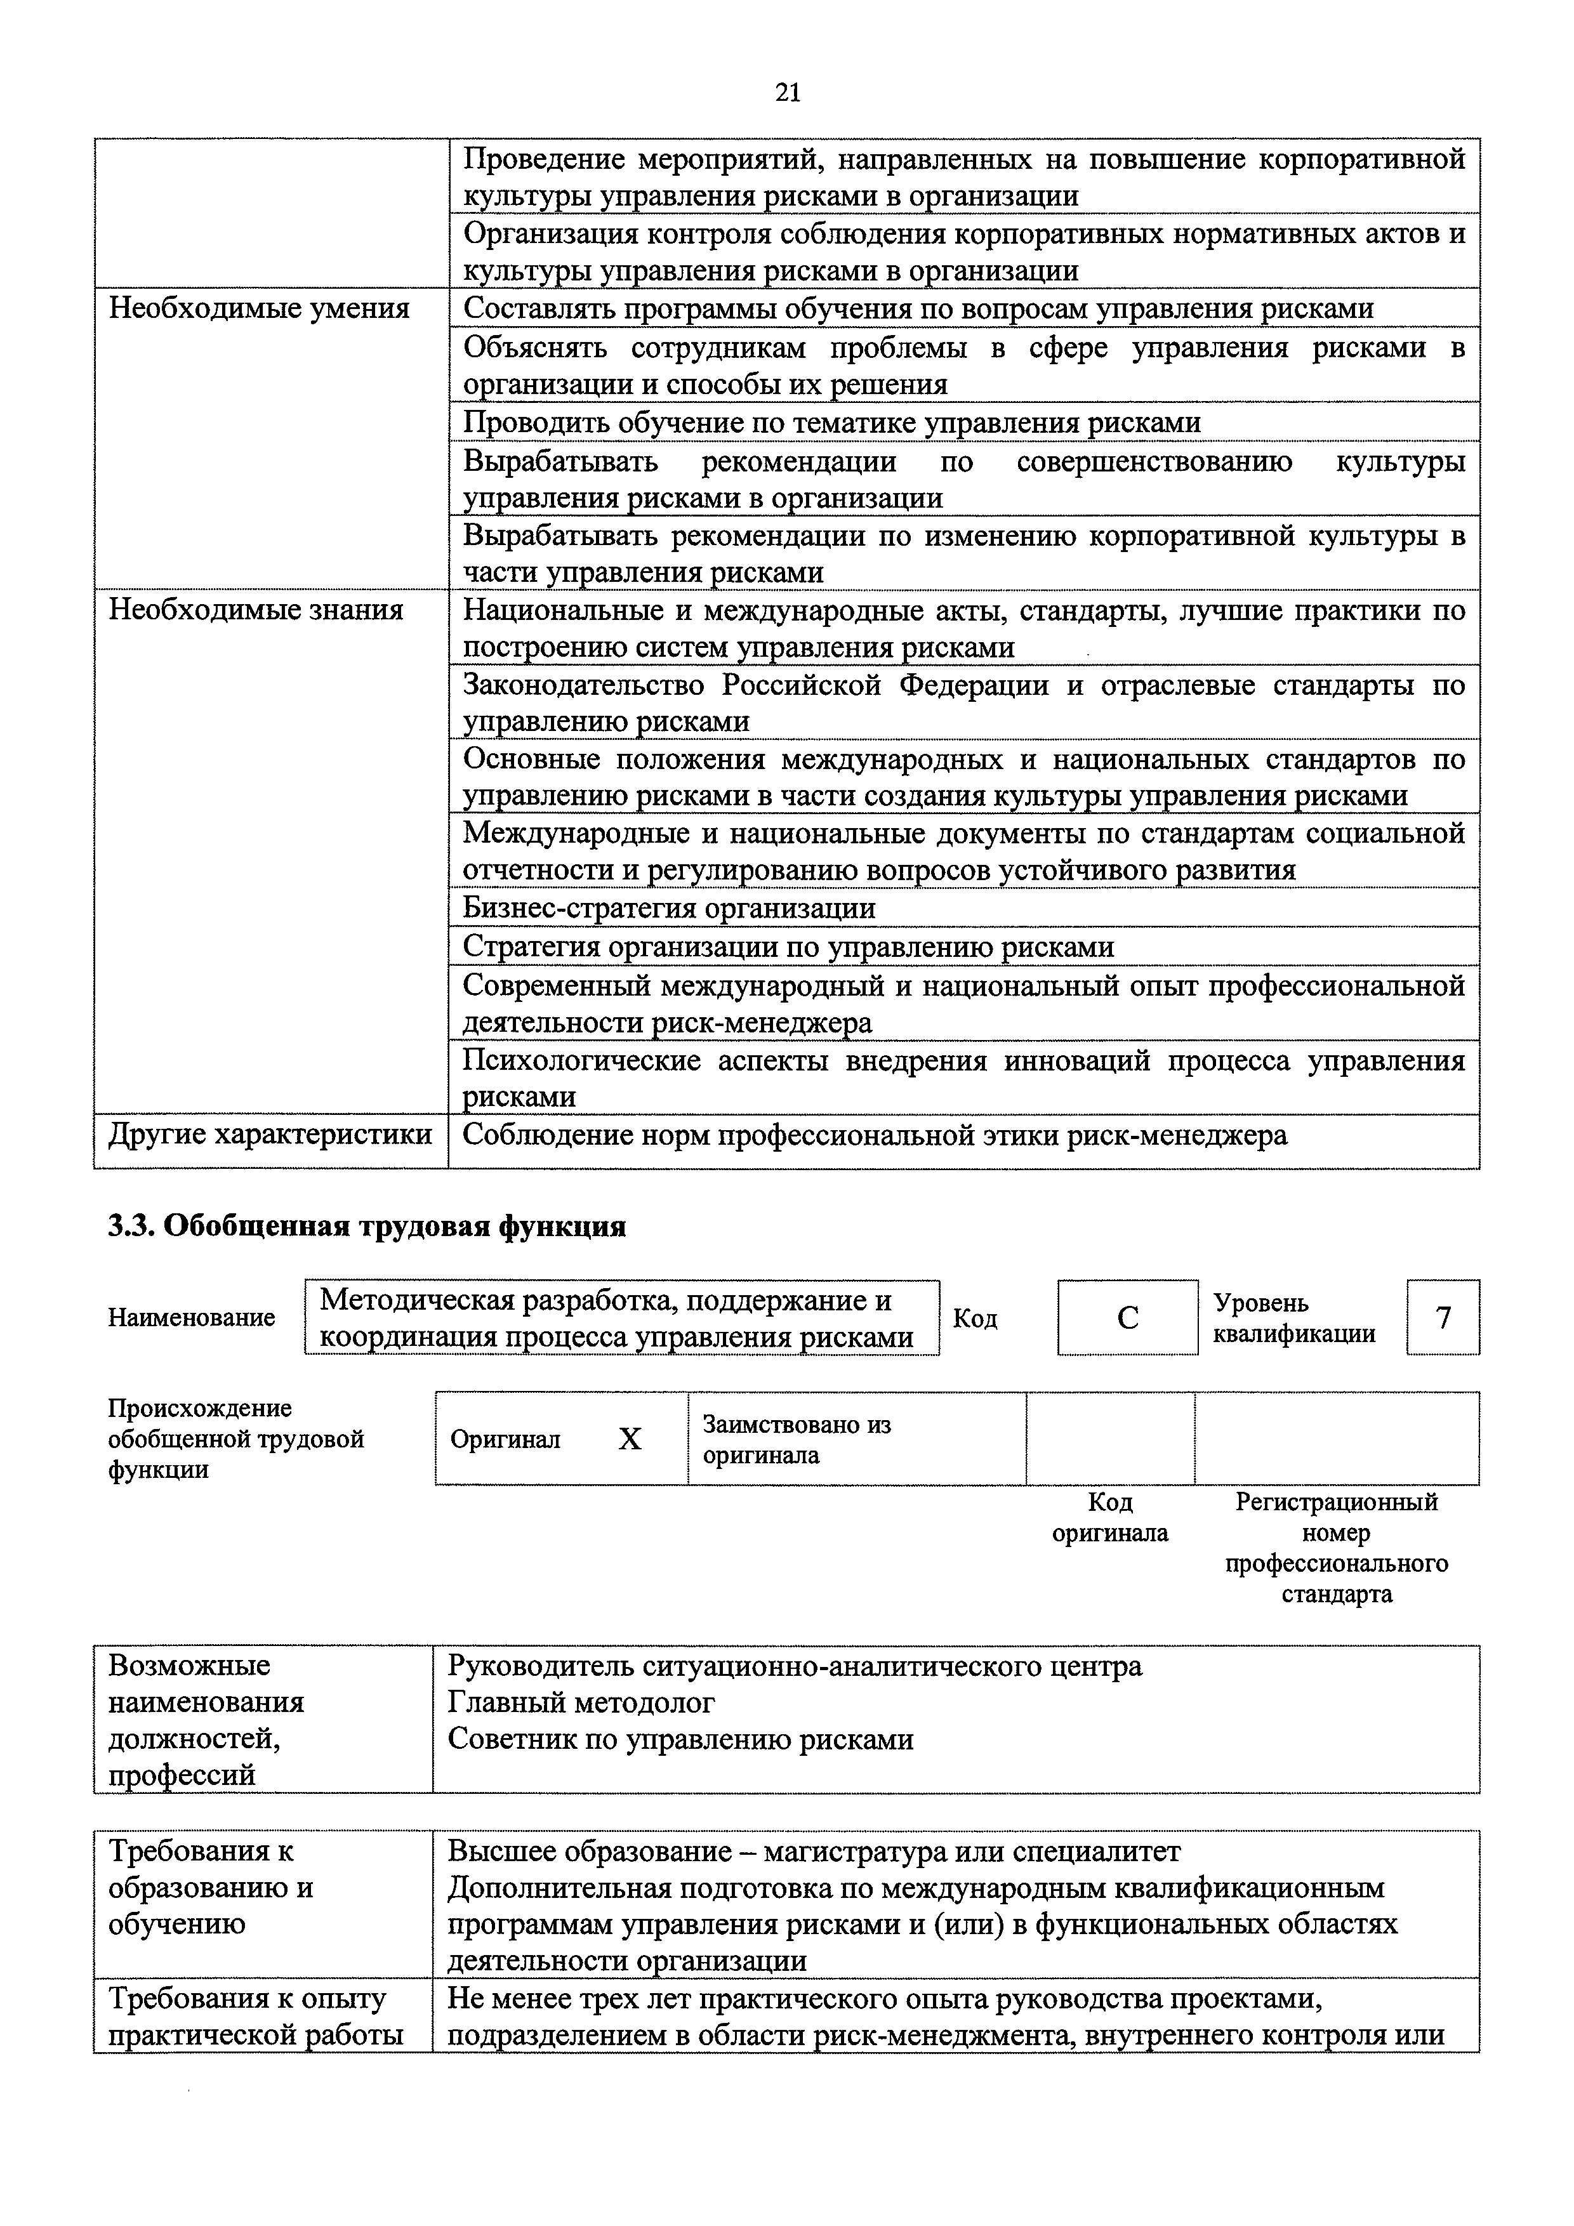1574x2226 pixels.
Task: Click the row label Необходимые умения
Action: click(259, 308)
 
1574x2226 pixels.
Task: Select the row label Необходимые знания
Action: click(256, 610)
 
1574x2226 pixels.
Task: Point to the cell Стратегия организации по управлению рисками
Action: click(788, 945)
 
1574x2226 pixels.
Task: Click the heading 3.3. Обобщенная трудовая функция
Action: click(367, 1227)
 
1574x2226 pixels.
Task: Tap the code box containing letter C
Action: click(1127, 1317)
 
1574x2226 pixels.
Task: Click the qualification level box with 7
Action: click(1442, 1317)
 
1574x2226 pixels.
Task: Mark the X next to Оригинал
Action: click(630, 1439)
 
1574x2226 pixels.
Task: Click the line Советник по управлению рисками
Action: click(680, 1739)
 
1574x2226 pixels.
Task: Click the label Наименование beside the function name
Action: click(191, 1317)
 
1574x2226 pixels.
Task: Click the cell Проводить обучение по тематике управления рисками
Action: click(831, 422)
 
